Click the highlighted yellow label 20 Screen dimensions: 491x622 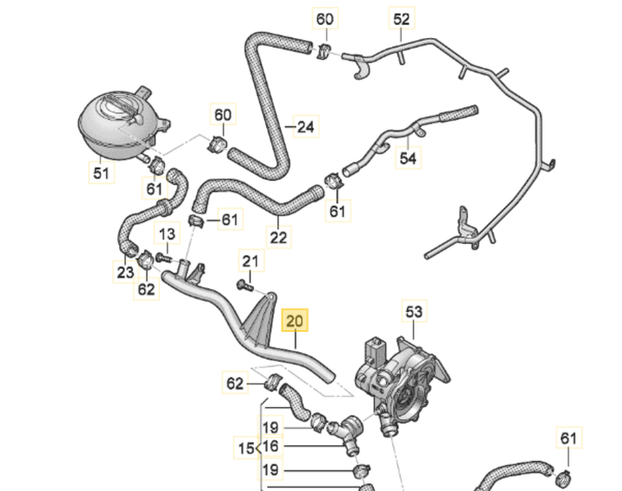(x=295, y=322)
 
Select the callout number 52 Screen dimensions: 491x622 (x=403, y=18)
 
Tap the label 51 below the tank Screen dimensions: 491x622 (x=102, y=174)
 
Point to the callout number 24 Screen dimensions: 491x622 (x=304, y=128)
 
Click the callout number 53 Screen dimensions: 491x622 (x=415, y=310)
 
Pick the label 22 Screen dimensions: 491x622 (x=277, y=237)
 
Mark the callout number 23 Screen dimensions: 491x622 (x=125, y=272)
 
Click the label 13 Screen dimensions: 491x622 (x=166, y=233)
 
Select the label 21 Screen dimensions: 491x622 (x=251, y=261)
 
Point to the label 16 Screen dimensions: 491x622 (x=270, y=447)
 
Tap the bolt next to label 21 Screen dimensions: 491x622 (x=242, y=284)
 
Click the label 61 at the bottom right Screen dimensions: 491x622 (x=568, y=438)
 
